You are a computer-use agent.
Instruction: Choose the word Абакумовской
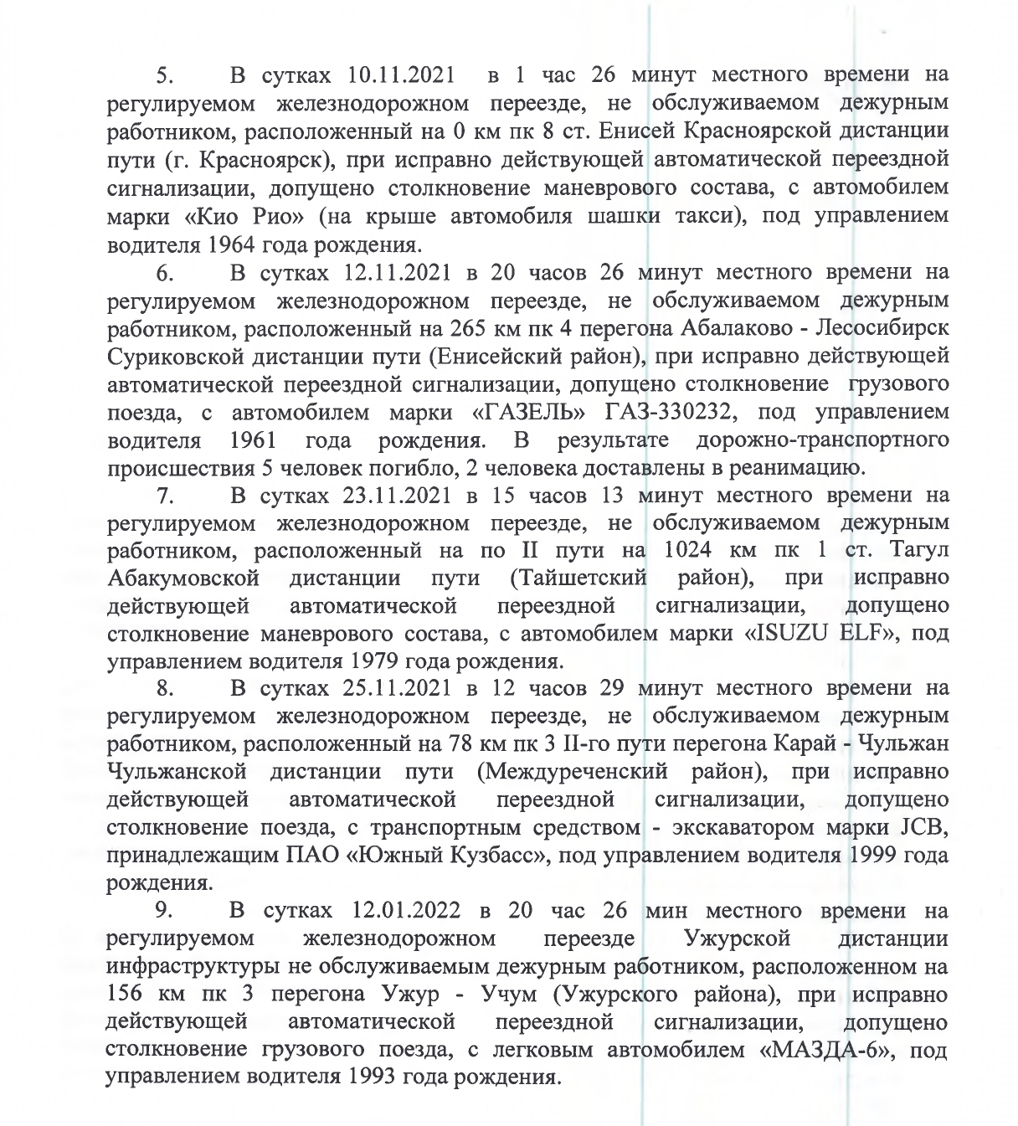(183, 578)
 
